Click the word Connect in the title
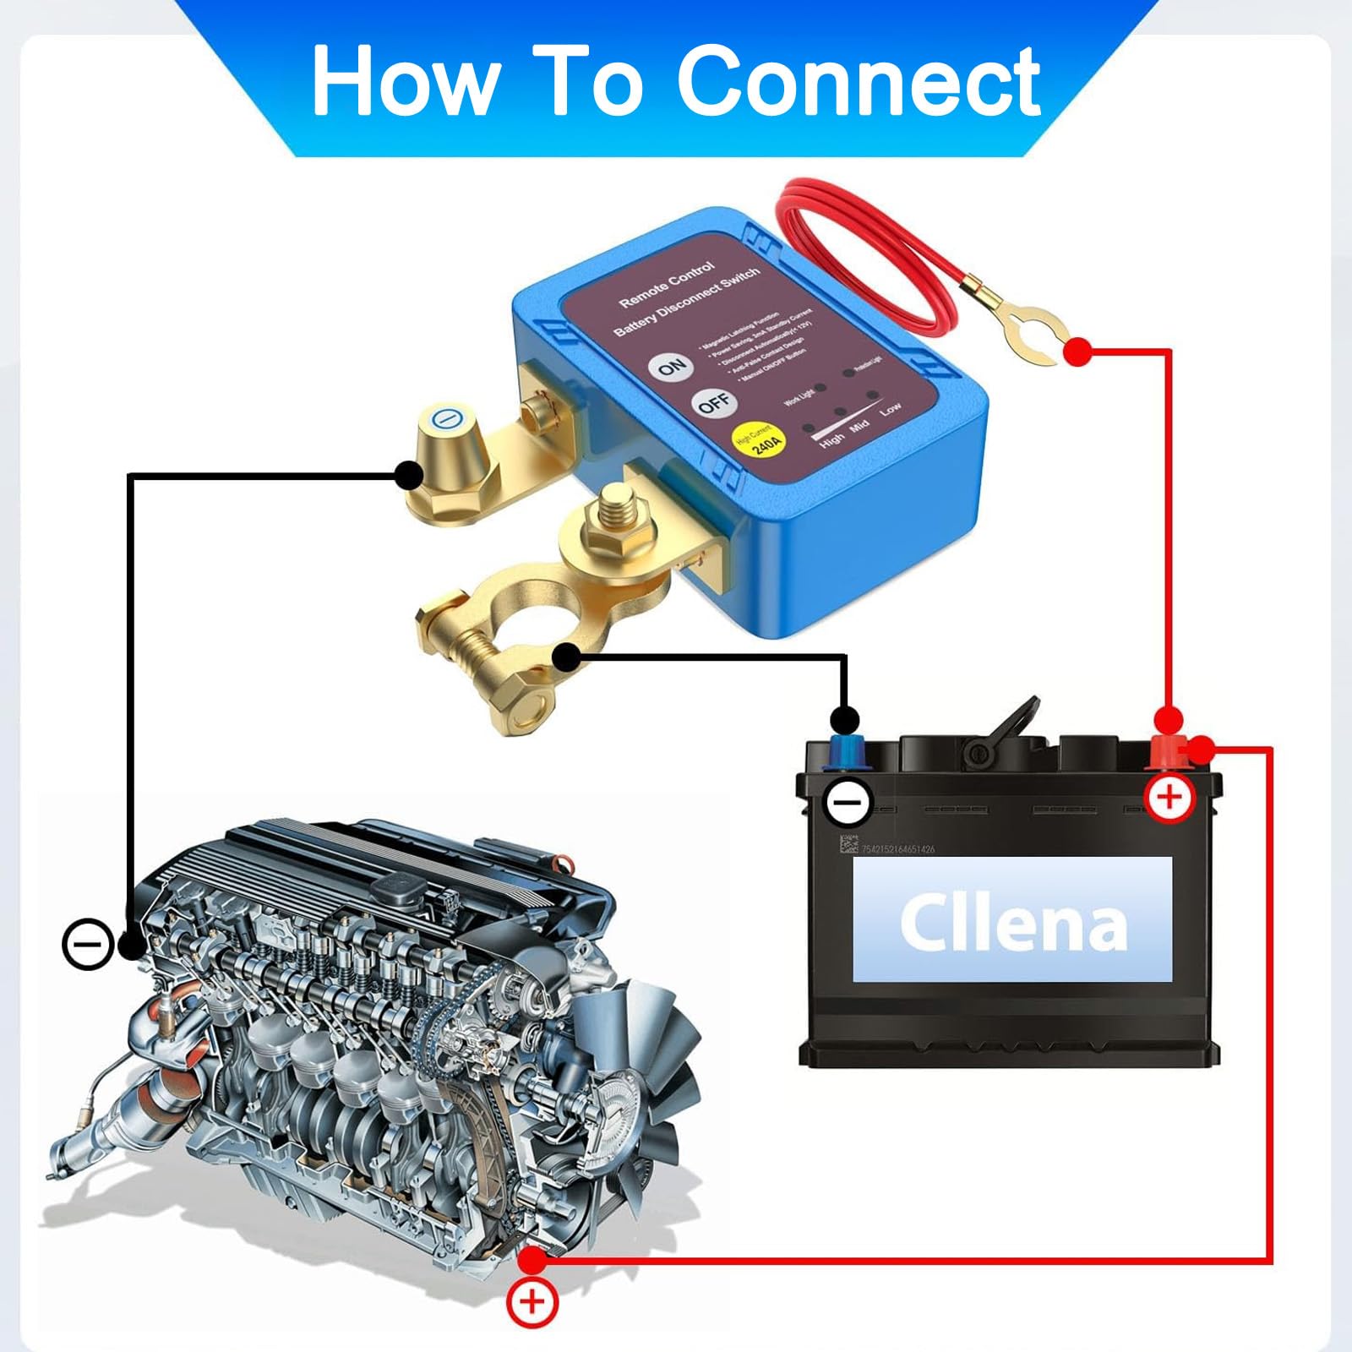859,81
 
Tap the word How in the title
404,81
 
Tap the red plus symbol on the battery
1169,796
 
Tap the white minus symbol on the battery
848,800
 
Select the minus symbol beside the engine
88,943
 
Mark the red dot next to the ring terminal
1077,352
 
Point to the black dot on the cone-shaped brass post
409,476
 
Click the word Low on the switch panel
890,410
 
